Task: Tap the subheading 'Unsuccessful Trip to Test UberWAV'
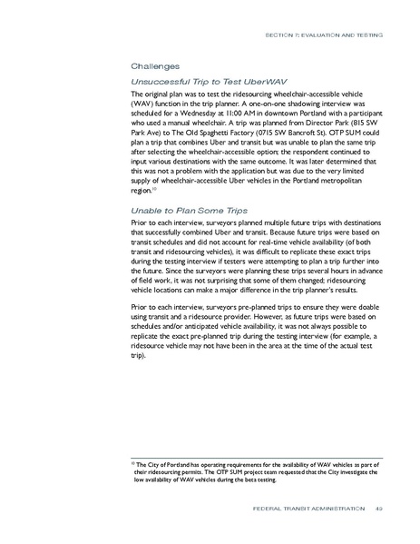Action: coord(195,80)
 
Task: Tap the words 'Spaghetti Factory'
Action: coord(205,134)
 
